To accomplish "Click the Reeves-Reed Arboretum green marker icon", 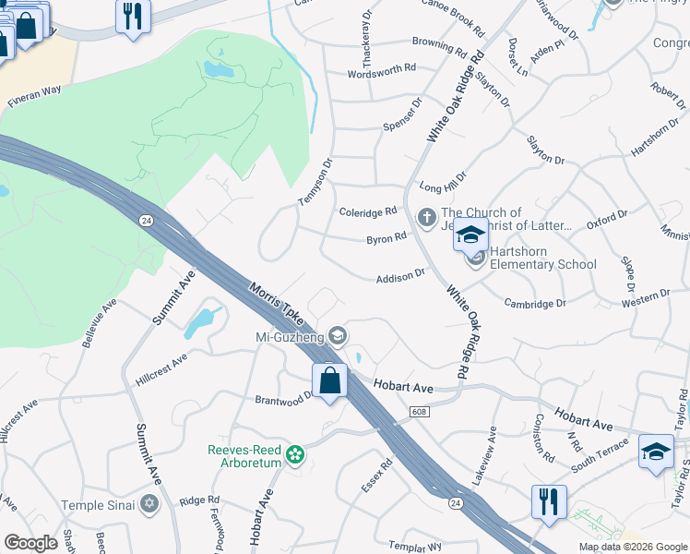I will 294,454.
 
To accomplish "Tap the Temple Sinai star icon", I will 149,504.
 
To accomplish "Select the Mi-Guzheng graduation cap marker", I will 338,335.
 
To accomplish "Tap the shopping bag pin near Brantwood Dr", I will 330,381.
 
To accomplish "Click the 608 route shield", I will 419,412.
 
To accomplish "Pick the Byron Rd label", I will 387,238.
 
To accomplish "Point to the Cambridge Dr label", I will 535,303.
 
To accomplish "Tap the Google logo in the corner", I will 30,542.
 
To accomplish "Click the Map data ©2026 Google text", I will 632,547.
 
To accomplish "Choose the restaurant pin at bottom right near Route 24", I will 549,503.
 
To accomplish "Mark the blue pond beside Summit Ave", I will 200,321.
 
